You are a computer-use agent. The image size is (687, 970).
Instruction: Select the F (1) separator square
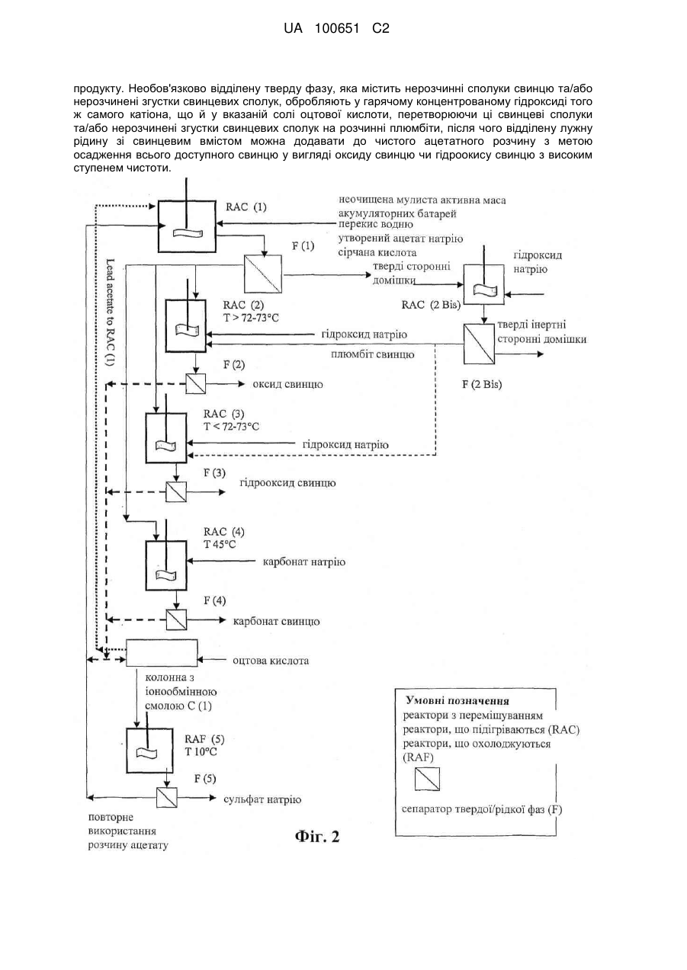262,274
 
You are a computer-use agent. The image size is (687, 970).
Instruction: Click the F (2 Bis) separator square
479,344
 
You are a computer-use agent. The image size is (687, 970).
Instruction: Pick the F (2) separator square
195,384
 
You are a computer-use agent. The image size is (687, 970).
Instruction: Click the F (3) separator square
176,492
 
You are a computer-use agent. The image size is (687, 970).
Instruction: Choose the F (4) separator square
176,619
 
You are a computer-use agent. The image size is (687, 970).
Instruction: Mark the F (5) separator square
167,797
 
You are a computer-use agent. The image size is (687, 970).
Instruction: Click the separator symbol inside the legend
427,779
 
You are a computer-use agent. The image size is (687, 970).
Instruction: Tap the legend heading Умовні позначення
457,701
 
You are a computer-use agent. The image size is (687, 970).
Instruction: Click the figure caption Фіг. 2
317,836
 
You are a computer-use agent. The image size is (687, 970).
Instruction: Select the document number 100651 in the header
337,28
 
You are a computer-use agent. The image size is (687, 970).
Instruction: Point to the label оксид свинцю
287,384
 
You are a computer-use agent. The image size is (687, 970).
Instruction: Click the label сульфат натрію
262,799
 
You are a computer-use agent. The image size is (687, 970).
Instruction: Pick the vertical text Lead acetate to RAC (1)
111,312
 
